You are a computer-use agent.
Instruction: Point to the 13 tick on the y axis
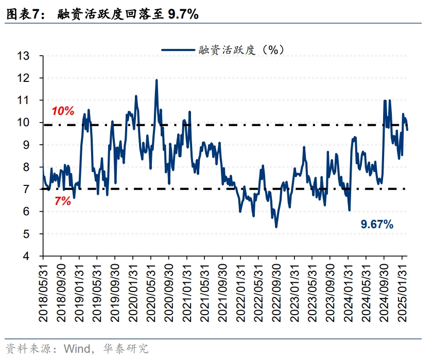coord(24,56)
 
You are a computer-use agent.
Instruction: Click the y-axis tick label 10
coord(24,123)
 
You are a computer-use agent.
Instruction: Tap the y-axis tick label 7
coord(27,190)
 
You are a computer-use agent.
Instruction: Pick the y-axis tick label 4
coord(27,256)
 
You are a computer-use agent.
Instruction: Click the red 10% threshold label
coord(63,111)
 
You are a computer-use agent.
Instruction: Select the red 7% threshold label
coord(62,201)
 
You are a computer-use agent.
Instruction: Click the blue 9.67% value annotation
coord(377,224)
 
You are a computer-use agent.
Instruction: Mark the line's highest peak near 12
coord(157,80)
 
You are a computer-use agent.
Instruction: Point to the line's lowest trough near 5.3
coord(276,227)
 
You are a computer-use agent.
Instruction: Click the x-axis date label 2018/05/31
coord(43,291)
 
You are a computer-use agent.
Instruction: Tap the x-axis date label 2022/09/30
coord(276,291)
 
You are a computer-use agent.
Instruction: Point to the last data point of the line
coord(407,130)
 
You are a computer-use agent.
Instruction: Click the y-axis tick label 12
coord(24,78)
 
